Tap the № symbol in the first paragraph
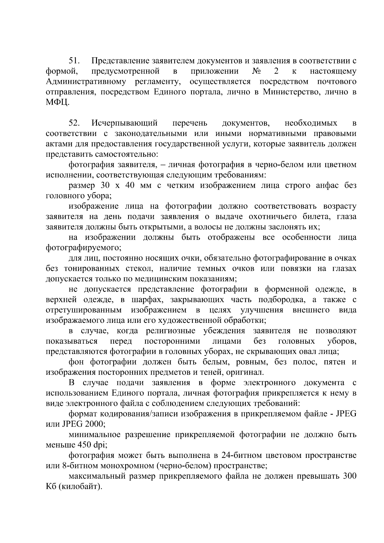coord(256,71)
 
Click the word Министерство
coord(291,92)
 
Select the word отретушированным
coord(84,310)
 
